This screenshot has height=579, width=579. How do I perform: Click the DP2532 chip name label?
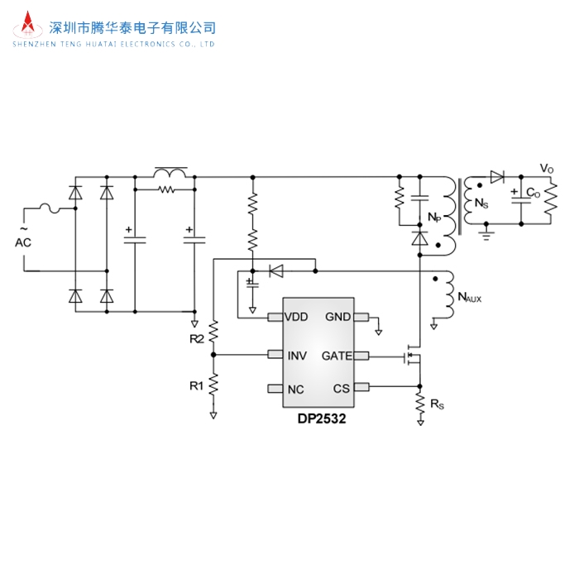coord(322,419)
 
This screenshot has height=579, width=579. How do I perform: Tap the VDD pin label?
coord(296,317)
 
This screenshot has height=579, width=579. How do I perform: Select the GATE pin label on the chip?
coord(337,356)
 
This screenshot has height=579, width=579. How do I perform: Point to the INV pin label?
coord(296,356)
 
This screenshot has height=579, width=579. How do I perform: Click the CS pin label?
coord(342,389)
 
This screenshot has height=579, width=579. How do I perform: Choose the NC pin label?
coord(294,389)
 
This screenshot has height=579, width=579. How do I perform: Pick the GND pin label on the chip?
coord(337,317)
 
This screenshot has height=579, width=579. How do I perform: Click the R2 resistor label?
coord(196,339)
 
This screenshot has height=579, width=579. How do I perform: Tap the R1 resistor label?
coord(196,385)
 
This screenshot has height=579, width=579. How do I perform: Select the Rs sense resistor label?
coord(436,404)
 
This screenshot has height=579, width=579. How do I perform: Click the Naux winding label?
coord(468,297)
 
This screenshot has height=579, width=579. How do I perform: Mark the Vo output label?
coord(547,169)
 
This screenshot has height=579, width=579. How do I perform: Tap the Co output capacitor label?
coord(533,194)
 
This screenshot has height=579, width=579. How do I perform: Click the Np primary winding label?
coord(434,217)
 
